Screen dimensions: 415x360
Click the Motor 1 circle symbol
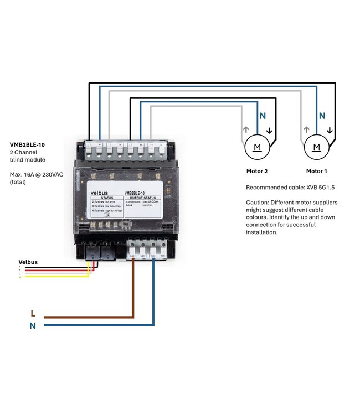click(317, 147)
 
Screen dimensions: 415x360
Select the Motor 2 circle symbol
click(257, 147)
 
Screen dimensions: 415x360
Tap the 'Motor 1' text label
click(317, 171)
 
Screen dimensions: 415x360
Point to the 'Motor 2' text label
click(257, 171)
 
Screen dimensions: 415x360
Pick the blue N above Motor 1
click(322, 117)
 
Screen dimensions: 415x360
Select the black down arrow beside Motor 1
click(330, 131)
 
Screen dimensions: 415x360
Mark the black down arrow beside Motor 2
click(270, 131)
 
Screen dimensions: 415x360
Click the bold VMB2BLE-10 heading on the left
click(27, 144)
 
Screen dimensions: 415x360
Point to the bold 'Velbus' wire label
click(28, 262)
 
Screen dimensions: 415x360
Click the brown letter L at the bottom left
click(33, 313)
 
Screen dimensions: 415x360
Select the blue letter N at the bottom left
click(33, 326)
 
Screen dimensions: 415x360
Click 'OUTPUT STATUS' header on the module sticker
click(143, 198)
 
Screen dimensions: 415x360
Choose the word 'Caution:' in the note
click(258, 203)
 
